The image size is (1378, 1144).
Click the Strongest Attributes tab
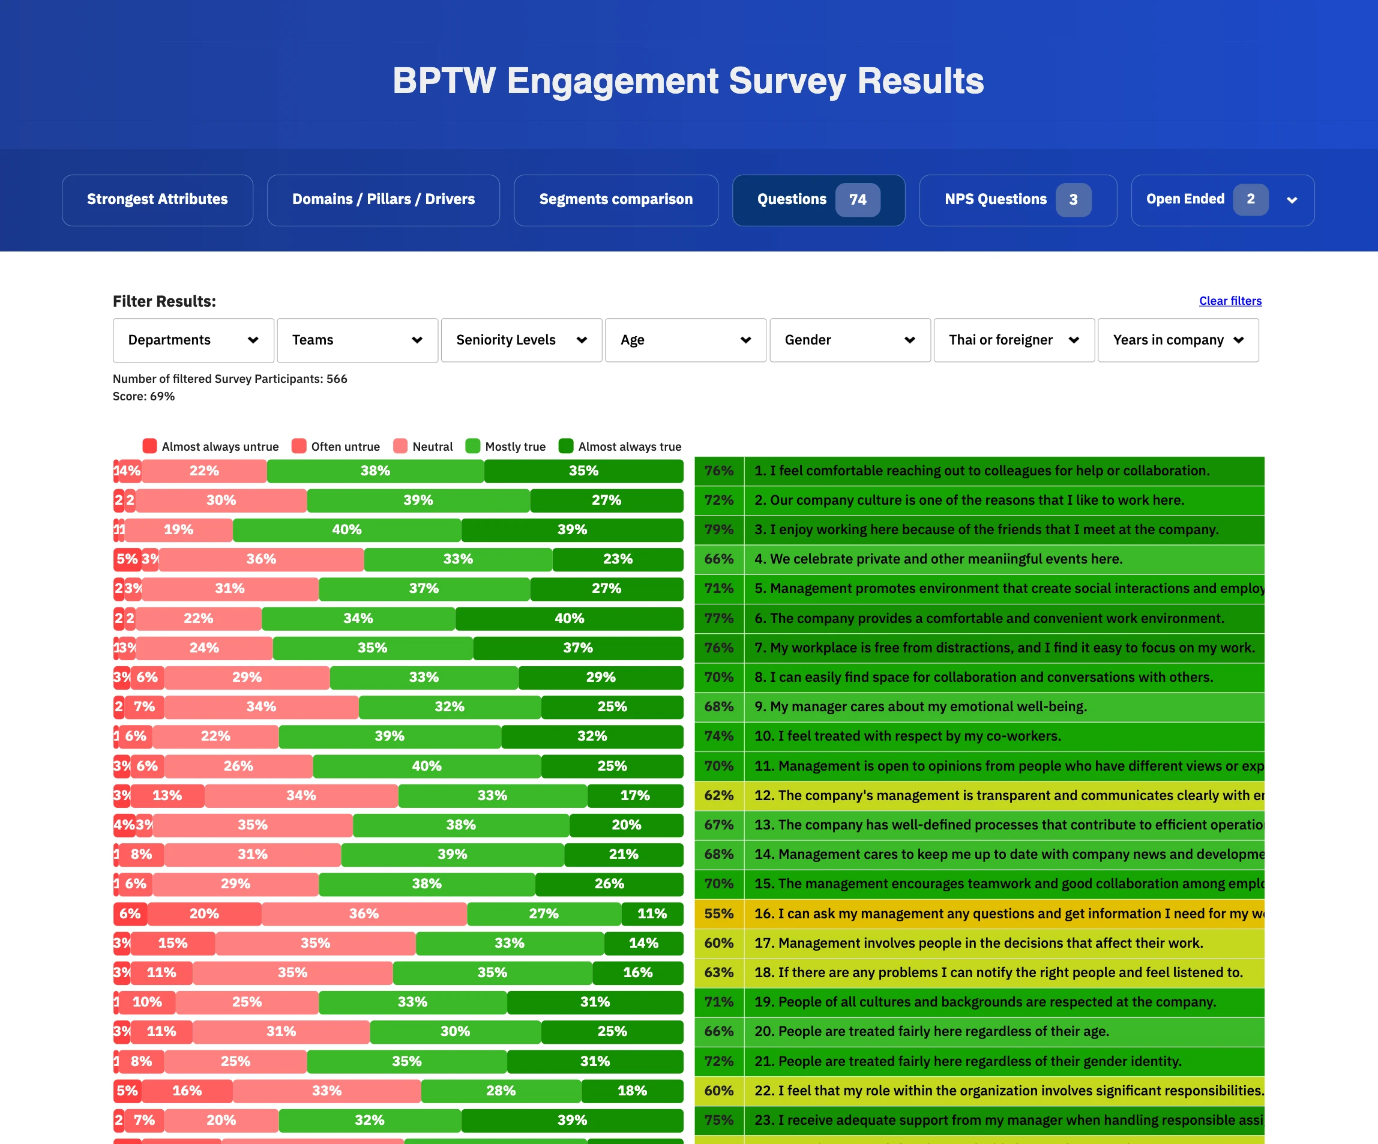[x=157, y=199]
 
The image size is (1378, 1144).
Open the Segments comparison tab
[x=616, y=199]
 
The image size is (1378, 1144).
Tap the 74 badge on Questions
[x=857, y=199]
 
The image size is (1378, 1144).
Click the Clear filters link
[x=1230, y=301]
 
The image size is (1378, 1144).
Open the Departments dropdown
[x=193, y=340]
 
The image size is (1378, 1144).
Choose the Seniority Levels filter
[x=521, y=340]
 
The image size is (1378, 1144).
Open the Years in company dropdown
[x=1178, y=340]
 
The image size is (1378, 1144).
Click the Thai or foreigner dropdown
[x=1014, y=340]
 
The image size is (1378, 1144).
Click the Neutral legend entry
[x=432, y=447]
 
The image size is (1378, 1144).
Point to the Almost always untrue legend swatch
[x=149, y=447]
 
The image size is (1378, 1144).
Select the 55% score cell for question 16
[x=718, y=914]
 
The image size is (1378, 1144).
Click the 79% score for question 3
[x=718, y=529]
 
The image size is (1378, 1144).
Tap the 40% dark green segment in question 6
[x=569, y=618]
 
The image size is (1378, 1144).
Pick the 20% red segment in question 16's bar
[x=204, y=914]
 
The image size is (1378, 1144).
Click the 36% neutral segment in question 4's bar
[x=261, y=559]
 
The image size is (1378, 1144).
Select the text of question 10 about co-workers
[x=907, y=736]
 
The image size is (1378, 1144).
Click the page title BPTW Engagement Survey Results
[x=688, y=81]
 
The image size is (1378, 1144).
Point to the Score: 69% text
[x=143, y=396]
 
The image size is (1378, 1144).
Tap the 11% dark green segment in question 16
[x=652, y=914]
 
